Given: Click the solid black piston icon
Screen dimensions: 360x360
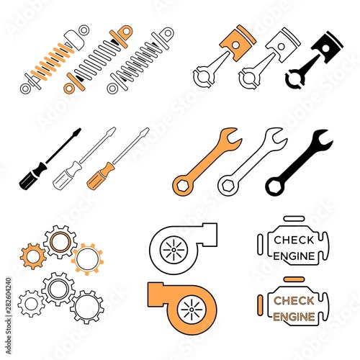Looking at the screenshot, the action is (312, 63).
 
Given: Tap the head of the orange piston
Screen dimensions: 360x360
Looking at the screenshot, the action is (238, 42).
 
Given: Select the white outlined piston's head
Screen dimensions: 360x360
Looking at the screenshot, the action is (283, 43).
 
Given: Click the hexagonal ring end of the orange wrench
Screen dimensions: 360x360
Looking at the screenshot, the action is (183, 186).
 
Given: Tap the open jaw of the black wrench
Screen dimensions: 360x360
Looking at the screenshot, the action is (323, 139).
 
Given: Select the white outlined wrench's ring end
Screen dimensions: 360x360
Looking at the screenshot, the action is (228, 186).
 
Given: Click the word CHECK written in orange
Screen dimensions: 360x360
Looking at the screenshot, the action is (294, 301).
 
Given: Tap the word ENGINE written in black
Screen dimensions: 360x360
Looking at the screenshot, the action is (294, 256).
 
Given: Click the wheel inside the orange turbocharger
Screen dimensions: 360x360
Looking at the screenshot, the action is (192, 310).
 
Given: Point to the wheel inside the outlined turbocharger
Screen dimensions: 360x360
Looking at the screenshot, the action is (174, 250).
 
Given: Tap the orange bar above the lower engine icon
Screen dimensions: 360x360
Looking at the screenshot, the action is (294, 279).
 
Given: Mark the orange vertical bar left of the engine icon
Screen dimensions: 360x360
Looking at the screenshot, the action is (260, 305).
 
